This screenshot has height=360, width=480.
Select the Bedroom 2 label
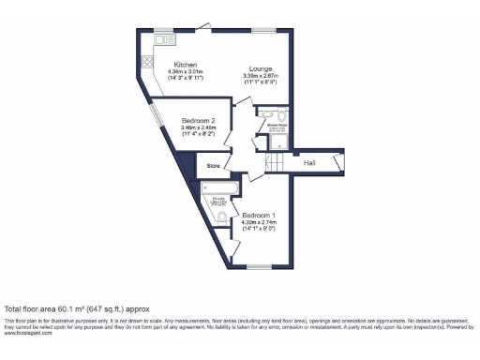pos(199,122)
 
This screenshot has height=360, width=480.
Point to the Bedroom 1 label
pos(258,215)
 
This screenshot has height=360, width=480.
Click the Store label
pos(214,167)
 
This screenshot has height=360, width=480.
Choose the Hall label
pos(309,163)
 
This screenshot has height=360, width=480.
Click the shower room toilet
pos(277,142)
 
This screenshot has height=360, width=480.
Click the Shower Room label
pos(277,123)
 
